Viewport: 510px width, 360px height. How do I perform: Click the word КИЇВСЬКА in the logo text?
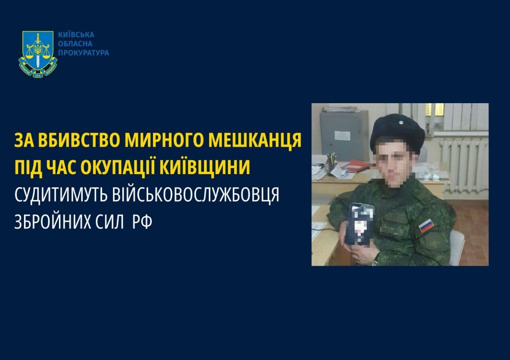point(76,35)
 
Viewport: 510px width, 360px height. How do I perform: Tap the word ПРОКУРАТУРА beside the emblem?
point(83,53)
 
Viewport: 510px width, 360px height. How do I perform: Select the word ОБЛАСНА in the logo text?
point(75,44)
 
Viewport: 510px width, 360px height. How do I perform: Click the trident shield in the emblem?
point(38,50)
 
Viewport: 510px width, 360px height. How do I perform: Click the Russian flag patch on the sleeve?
point(426,226)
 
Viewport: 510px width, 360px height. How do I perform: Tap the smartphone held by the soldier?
point(360,223)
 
